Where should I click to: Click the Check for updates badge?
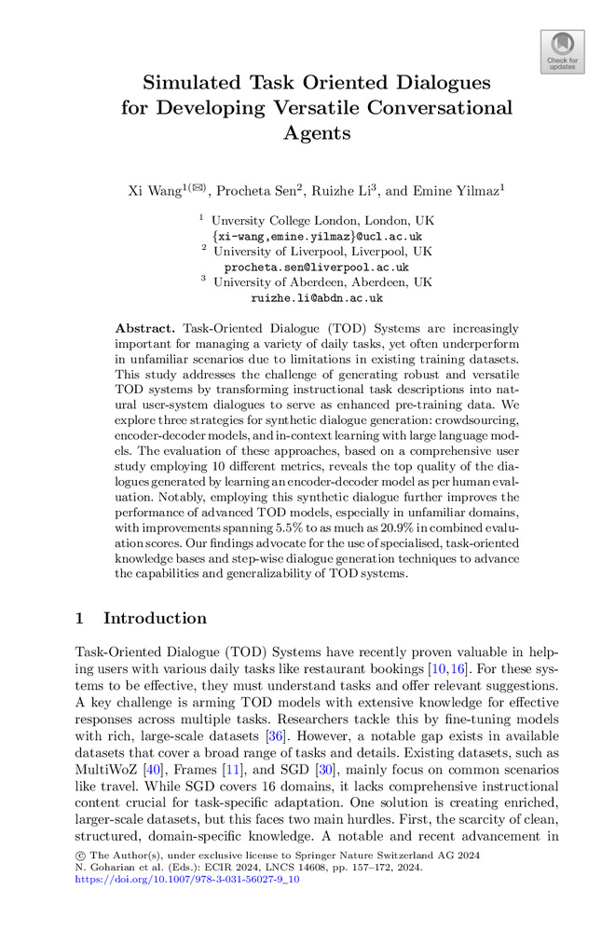pyautogui.click(x=563, y=51)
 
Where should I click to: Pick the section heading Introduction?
pyautogui.click(x=155, y=618)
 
